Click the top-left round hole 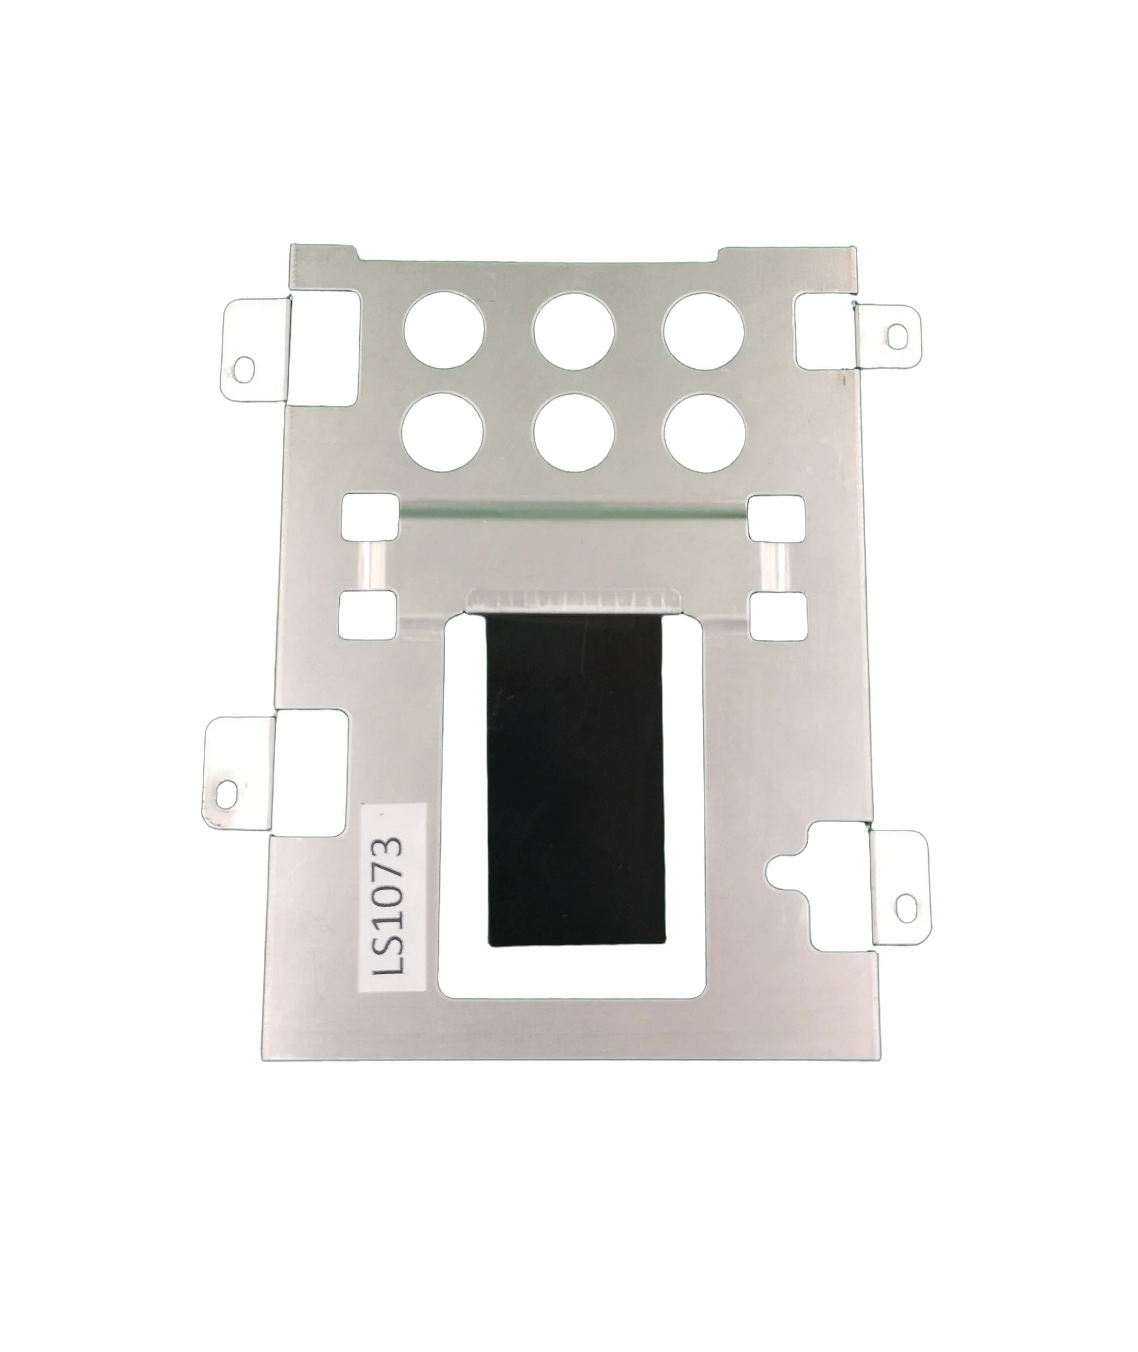(x=444, y=330)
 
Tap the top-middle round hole (x=574, y=331)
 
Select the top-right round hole (x=704, y=331)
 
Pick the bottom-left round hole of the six (x=442, y=433)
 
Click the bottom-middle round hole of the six (x=574, y=433)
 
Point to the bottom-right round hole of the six (x=705, y=433)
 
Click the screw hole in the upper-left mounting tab (x=243, y=370)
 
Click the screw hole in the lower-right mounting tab (x=906, y=909)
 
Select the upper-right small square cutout (x=776, y=518)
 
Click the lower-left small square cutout (x=368, y=615)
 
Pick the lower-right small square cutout (x=778, y=616)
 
